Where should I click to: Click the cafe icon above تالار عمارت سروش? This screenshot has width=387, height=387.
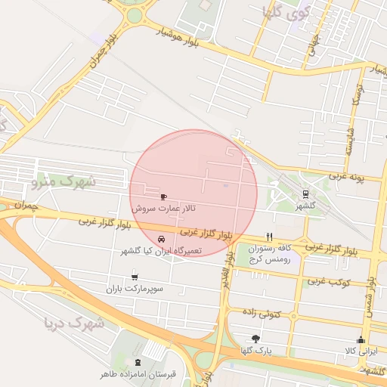click(164, 197)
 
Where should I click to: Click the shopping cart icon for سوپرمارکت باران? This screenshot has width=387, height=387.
click(135, 277)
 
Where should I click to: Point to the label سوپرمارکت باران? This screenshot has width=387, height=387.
click(135, 289)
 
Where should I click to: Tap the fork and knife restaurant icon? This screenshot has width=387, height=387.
click(269, 237)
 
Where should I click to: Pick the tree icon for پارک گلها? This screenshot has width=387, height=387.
click(255, 339)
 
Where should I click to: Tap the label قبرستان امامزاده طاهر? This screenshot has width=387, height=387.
click(138, 373)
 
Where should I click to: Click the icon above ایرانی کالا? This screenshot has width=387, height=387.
click(361, 339)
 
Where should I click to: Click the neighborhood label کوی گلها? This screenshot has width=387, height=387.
click(283, 12)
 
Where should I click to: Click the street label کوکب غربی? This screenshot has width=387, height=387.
click(326, 280)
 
